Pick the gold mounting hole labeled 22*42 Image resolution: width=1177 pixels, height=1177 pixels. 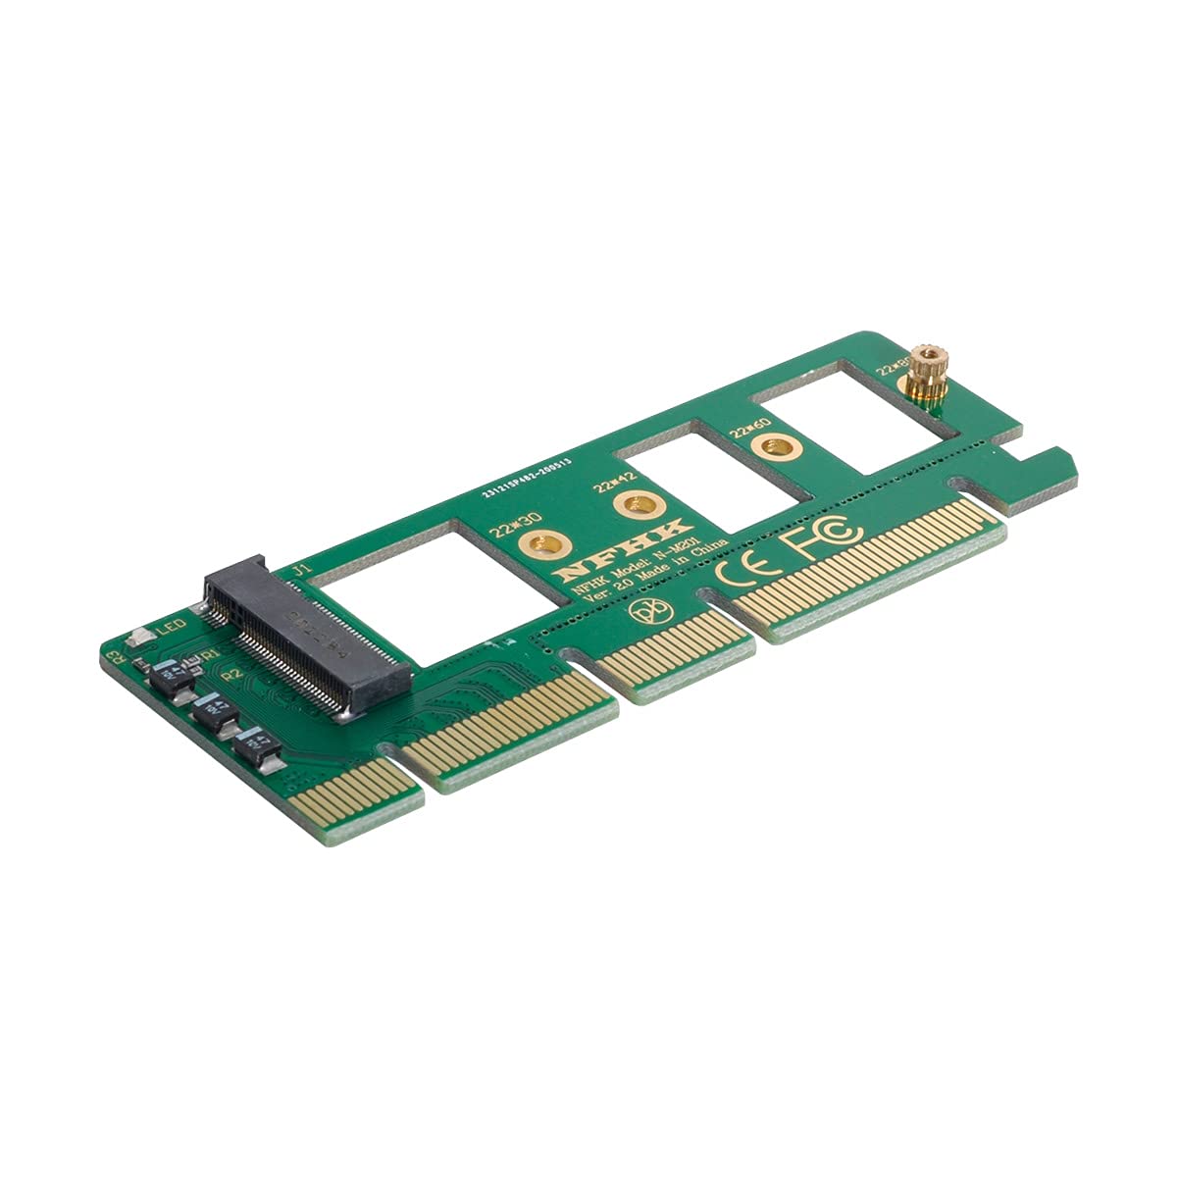click(x=630, y=506)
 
